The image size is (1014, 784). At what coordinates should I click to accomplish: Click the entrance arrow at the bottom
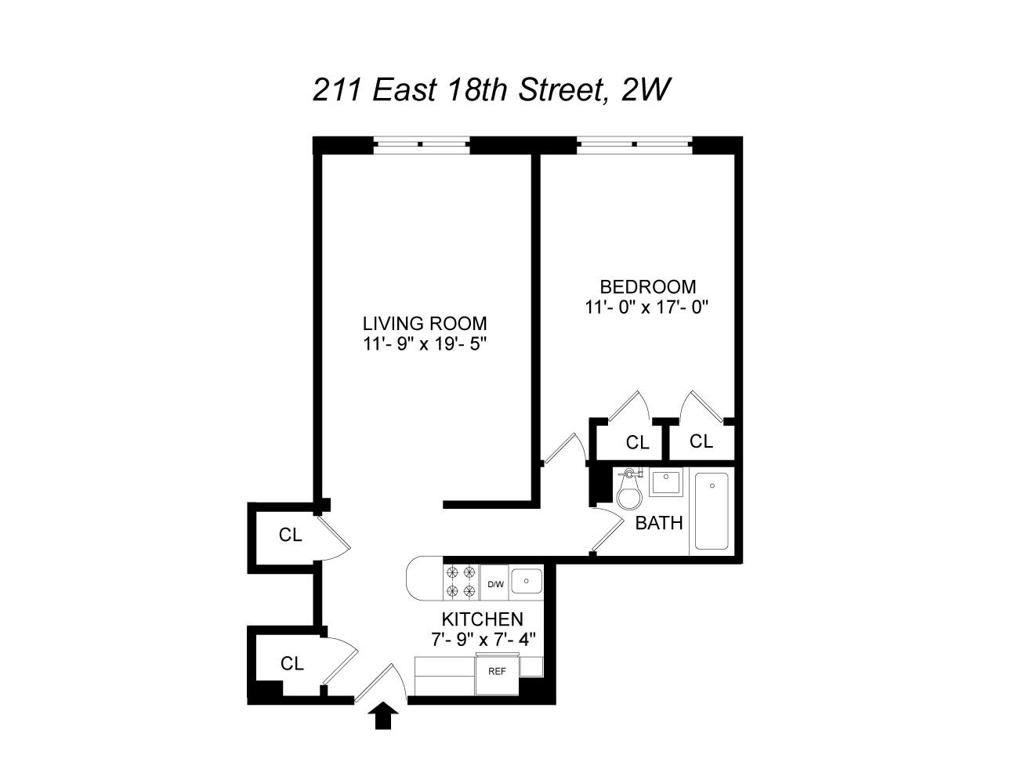click(382, 716)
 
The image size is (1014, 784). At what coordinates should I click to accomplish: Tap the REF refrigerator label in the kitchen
click(497, 671)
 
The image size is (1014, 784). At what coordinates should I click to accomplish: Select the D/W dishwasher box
click(495, 584)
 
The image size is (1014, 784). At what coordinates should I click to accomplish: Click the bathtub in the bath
click(712, 510)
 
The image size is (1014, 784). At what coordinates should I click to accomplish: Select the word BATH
click(658, 523)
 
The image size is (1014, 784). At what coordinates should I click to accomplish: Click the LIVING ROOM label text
click(425, 323)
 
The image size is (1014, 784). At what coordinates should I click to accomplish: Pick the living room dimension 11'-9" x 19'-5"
click(425, 343)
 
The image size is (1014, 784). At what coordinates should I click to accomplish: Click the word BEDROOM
click(647, 287)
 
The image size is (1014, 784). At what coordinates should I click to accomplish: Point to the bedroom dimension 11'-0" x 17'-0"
click(647, 307)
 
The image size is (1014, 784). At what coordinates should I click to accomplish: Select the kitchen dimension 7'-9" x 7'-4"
click(483, 639)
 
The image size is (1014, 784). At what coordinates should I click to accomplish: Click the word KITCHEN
click(483, 619)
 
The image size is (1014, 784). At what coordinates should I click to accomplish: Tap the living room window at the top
click(421, 144)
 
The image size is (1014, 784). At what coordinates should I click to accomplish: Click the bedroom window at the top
click(635, 144)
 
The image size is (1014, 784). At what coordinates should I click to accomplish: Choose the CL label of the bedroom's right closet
click(701, 441)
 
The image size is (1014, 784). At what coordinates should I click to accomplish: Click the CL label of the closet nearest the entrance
click(292, 663)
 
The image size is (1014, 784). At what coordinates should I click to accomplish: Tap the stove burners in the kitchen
click(460, 582)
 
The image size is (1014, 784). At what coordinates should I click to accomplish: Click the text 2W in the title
click(645, 90)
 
